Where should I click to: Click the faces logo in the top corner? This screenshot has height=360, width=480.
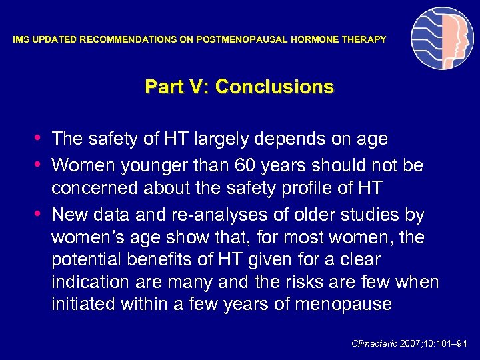[442, 39]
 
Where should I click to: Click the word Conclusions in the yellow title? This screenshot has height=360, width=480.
[275, 87]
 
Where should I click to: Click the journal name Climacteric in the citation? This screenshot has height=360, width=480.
[373, 343]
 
